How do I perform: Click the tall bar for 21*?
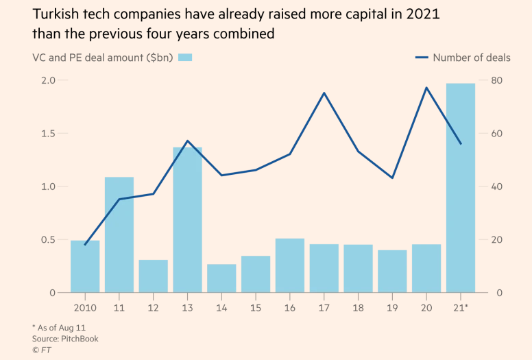pyautogui.click(x=461, y=189)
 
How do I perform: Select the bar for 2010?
pyautogui.click(x=85, y=267)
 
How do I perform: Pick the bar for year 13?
pyautogui.click(x=187, y=220)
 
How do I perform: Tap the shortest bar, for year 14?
pyautogui.click(x=221, y=278)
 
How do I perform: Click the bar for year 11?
pyautogui.click(x=119, y=235)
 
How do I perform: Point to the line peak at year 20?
pyautogui.click(x=426, y=88)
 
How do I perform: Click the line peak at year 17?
pyautogui.click(x=324, y=93)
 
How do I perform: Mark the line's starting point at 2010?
pyautogui.click(x=85, y=245)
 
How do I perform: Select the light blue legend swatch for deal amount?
pyautogui.click(x=185, y=58)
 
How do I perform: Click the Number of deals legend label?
pyautogui.click(x=472, y=58)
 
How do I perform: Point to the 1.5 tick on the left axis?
pyautogui.click(x=48, y=133)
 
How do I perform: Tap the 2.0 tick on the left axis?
pyautogui.click(x=48, y=80)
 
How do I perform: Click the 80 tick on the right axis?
pyautogui.click(x=497, y=80)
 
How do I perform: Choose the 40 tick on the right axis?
pyautogui.click(x=497, y=187)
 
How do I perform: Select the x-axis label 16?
pyautogui.click(x=290, y=309)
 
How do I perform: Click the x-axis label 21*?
pyautogui.click(x=462, y=309)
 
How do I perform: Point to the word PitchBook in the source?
pyautogui.click(x=80, y=339)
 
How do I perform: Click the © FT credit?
pyautogui.click(x=42, y=350)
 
